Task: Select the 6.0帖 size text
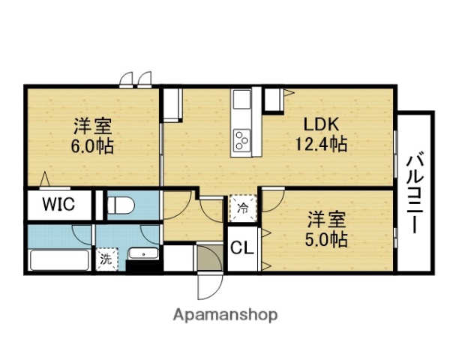coord(93,145)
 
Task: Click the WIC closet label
coord(58,204)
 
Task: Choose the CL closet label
coord(241,247)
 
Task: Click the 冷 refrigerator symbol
coord(242,207)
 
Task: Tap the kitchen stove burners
coord(244,139)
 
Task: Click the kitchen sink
coord(244,100)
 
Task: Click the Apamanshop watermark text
coord(226,314)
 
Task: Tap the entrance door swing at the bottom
coord(207,286)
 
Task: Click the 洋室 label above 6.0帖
coord(93,124)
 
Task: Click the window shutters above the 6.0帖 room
coord(136,79)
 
